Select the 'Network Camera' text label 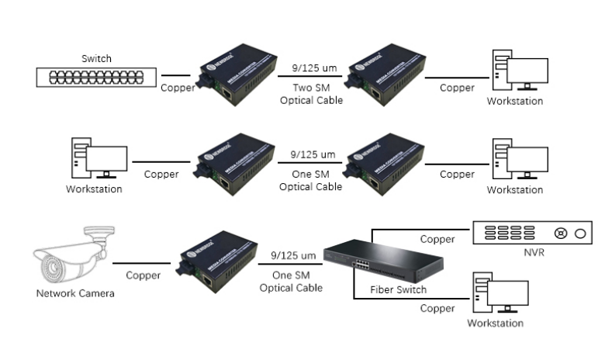(75, 293)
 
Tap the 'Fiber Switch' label (399, 289)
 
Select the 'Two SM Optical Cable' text (310, 95)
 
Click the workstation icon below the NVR (504, 296)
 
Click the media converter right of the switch (236, 78)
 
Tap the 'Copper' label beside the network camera (143, 275)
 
